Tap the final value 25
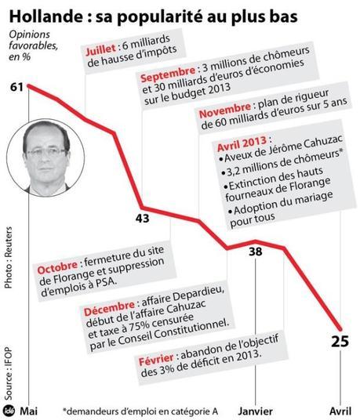[x=340, y=342]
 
